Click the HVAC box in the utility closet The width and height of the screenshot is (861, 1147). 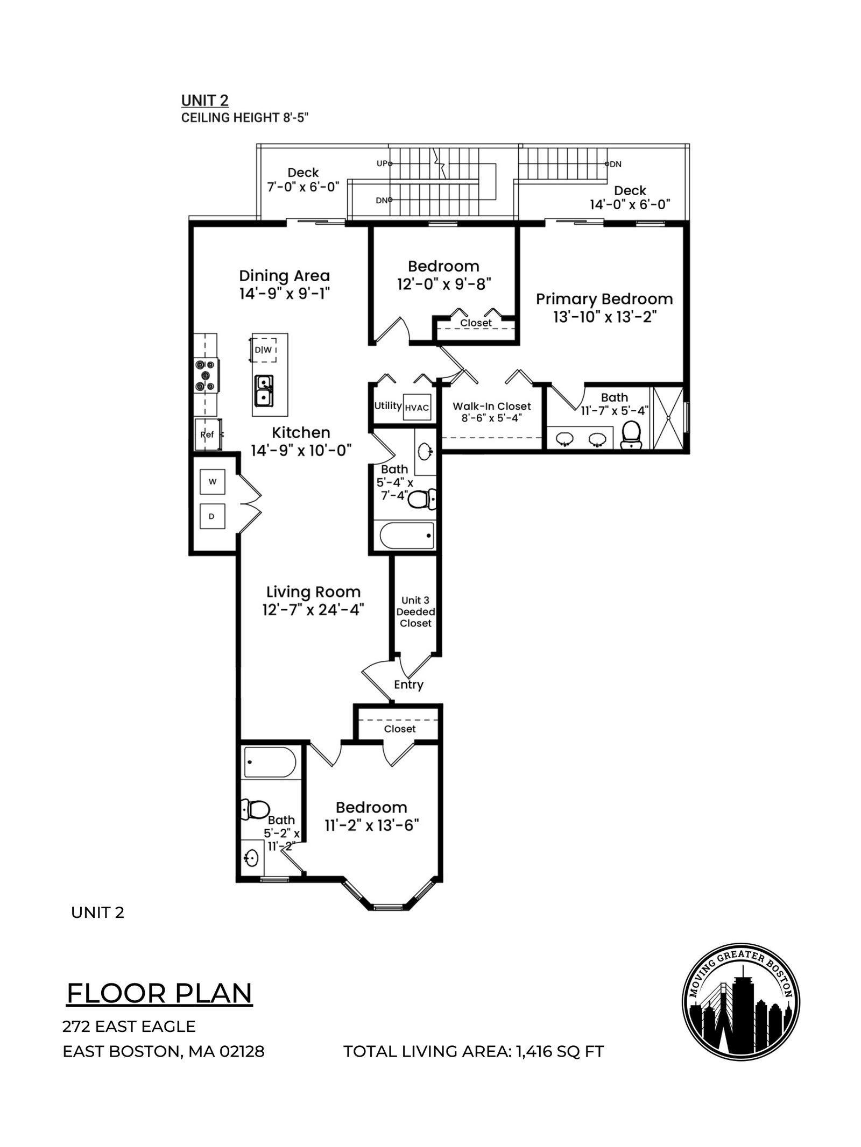point(417,408)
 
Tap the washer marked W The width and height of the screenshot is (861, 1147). point(213,481)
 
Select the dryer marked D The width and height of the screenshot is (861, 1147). point(212,516)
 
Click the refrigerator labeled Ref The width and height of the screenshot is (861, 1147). point(208,434)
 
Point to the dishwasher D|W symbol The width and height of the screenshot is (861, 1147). point(264,350)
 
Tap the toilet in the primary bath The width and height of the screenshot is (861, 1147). point(631,434)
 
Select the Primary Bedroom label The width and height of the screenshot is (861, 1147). point(604,299)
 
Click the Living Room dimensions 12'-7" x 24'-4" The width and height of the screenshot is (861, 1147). point(313,610)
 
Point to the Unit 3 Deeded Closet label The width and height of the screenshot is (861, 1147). point(415,611)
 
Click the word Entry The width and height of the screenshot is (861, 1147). point(408,685)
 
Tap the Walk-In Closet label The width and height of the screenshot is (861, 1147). point(492,407)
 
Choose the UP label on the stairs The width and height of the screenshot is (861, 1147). point(382,163)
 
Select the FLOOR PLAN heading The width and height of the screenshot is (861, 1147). point(160,993)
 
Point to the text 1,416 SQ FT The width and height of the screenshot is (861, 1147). point(560,1051)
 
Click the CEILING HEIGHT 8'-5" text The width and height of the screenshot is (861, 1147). point(245,118)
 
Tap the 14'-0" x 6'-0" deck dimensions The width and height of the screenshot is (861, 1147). point(630,204)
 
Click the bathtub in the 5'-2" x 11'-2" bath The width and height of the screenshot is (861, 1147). point(270,762)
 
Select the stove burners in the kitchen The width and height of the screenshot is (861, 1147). point(206,375)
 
